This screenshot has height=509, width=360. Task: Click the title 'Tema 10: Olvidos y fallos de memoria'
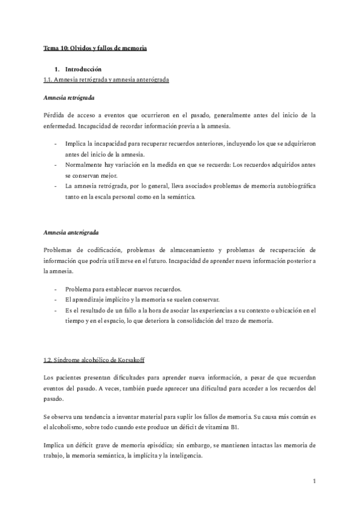coord(95,47)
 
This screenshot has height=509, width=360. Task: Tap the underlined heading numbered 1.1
coord(106,80)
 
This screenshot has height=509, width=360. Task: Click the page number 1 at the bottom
coord(314,481)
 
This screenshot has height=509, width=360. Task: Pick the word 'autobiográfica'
coord(295,186)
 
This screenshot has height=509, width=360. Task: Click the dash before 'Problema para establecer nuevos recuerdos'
coord(56,288)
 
